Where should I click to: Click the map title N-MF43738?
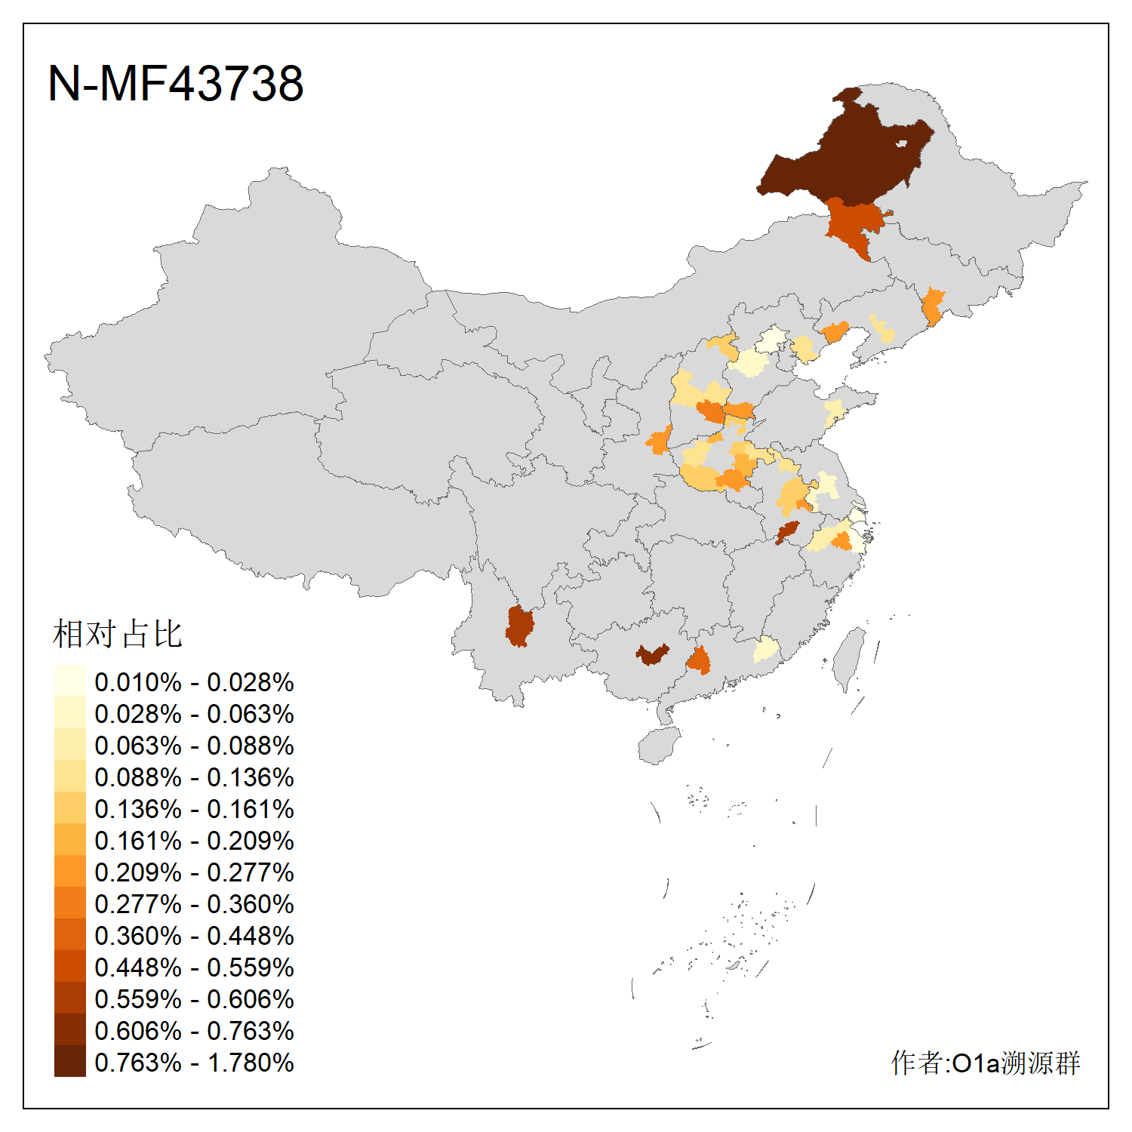(175, 83)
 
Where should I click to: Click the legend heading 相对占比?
(117, 634)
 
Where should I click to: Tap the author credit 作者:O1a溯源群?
(985, 1063)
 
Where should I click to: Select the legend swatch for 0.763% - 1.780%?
(69, 1062)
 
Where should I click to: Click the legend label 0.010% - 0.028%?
(194, 682)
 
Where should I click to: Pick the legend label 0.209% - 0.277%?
(194, 872)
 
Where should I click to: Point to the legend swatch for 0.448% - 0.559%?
(69, 967)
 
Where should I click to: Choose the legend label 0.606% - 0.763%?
(194, 1031)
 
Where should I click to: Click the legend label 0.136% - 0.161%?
(194, 809)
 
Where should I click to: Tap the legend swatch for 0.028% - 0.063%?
(69, 713)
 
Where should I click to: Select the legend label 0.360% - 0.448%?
(194, 936)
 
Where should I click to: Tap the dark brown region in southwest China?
(519, 626)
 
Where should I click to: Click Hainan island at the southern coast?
(658, 746)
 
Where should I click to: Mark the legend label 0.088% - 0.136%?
(194, 777)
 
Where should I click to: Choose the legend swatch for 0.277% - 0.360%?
(69, 903)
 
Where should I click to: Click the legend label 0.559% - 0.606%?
(194, 999)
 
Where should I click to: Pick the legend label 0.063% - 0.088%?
(194, 746)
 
